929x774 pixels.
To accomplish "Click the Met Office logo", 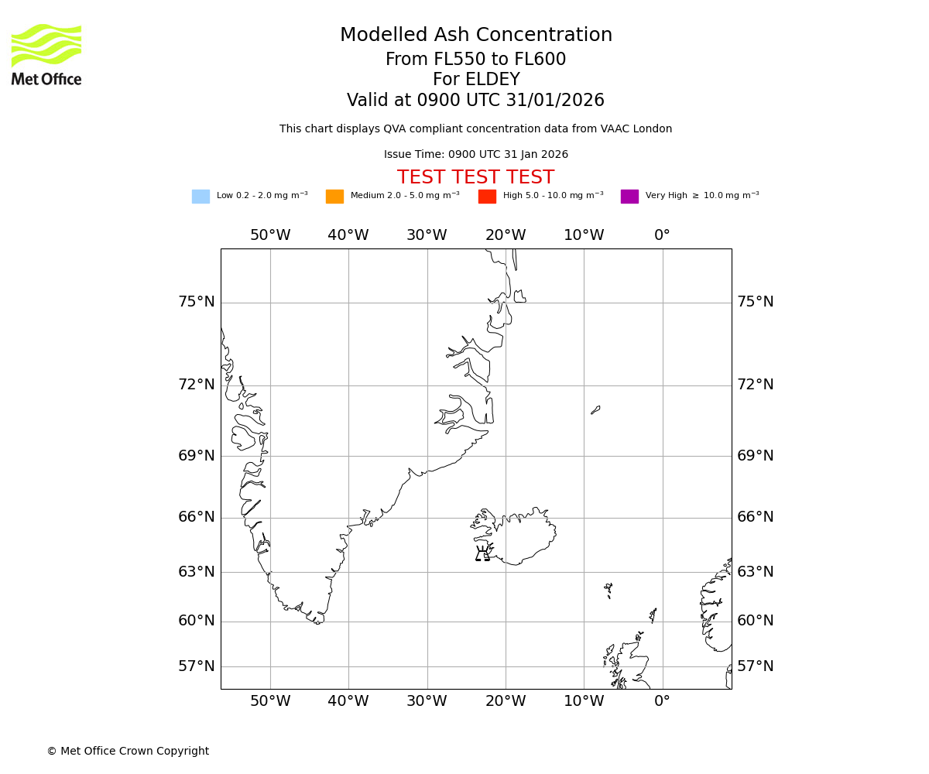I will click(46, 54).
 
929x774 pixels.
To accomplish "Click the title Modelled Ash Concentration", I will click(475, 36).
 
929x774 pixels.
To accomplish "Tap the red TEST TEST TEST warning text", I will click(475, 178).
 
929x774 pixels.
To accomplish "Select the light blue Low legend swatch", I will click(201, 197).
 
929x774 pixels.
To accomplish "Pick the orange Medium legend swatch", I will click(334, 197).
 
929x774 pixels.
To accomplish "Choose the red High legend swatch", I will click(487, 197).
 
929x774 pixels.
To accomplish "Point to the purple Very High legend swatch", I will click(629, 197).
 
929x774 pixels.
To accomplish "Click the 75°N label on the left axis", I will click(197, 302).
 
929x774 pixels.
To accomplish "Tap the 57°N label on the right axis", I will click(755, 666).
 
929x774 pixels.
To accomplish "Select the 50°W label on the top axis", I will click(270, 235).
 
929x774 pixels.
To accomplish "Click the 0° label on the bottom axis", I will click(662, 701).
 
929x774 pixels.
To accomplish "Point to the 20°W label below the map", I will click(506, 701).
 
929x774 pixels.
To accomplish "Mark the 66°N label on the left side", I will click(197, 517).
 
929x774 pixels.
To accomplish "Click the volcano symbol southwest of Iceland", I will click(482, 553).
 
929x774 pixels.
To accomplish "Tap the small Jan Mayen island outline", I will click(595, 409).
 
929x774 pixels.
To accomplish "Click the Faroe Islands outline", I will click(608, 590).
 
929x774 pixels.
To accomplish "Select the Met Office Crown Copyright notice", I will click(128, 752).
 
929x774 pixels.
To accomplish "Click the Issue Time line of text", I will click(475, 155).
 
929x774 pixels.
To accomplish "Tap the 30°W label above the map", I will click(427, 235).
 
